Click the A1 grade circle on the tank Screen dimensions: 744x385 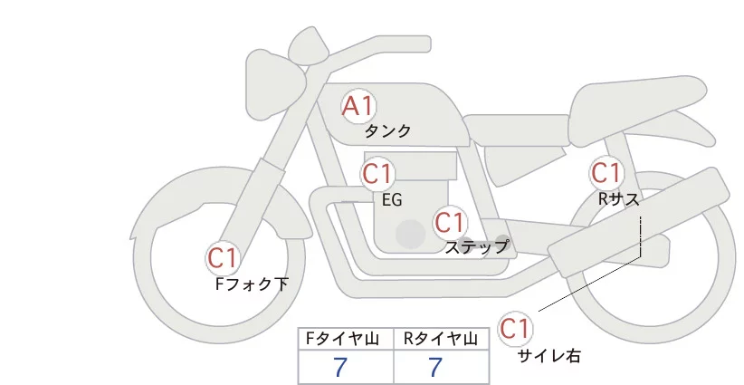click(358, 107)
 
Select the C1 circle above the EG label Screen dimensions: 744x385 click(378, 173)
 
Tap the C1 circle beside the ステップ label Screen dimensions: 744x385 click(450, 222)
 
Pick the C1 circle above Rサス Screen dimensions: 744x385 click(606, 172)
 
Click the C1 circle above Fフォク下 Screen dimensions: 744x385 click(223, 258)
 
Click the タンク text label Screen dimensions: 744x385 click(387, 131)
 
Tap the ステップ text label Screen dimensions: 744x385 click(476, 246)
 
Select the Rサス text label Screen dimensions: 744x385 click(618, 197)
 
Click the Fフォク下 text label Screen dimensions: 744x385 click(252, 284)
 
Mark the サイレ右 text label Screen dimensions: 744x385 click(548, 356)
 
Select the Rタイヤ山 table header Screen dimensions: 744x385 click(442, 339)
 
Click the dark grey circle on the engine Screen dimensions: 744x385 click(411, 234)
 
